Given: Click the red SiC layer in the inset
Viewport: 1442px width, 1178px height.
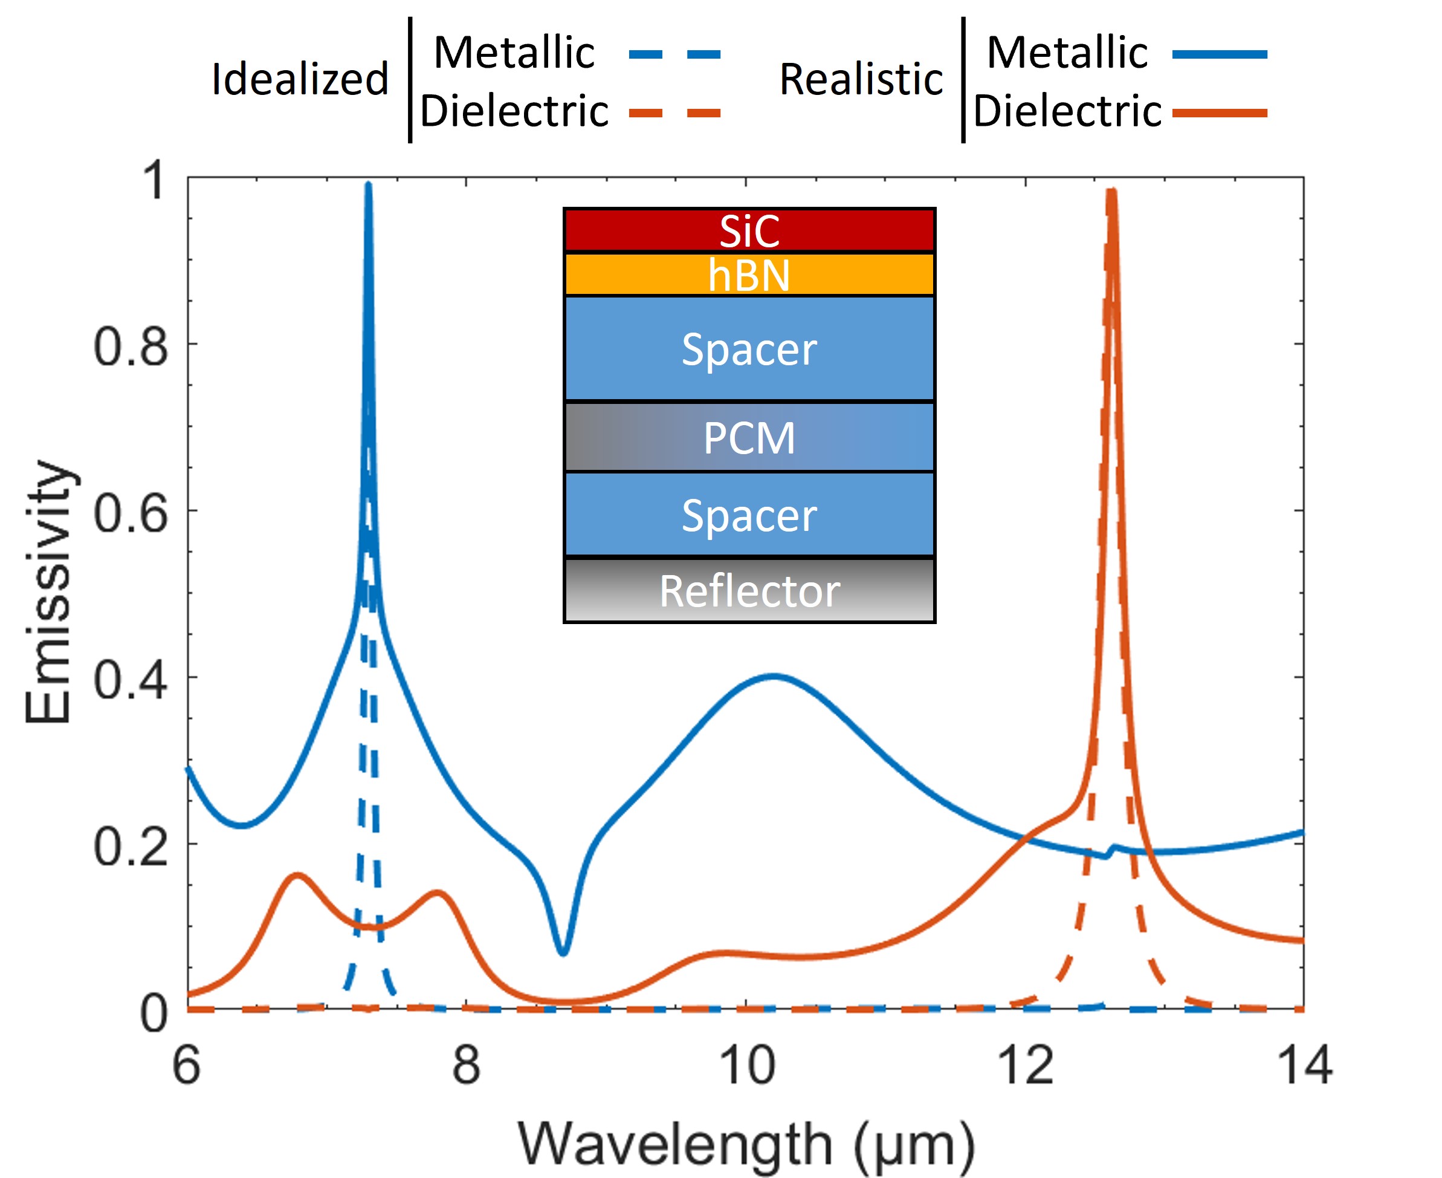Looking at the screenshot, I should pos(749,231).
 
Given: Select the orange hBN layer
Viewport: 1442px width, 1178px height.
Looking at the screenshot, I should pos(749,275).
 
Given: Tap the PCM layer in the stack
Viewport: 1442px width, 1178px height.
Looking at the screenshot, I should pos(749,438).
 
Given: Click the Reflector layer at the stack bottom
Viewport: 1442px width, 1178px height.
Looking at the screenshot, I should pos(749,590).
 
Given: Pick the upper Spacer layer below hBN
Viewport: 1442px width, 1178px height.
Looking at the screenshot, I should pos(749,349).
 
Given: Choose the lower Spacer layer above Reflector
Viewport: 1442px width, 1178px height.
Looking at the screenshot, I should pos(749,515).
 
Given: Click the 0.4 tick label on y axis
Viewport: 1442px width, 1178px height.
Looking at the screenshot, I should pos(130,680).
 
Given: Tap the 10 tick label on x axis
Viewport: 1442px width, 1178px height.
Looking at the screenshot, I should pos(747,1066).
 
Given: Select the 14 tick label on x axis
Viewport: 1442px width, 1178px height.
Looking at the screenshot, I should pos(1304,1066).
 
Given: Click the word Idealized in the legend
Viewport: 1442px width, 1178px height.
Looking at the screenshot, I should pos(300,79).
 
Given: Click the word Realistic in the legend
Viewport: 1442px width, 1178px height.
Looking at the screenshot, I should pos(861,79).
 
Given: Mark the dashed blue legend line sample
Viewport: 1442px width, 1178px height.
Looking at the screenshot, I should pos(674,54).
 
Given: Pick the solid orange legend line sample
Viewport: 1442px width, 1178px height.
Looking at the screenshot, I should pos(1220,112).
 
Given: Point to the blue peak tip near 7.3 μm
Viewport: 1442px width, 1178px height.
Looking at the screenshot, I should pos(368,184).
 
